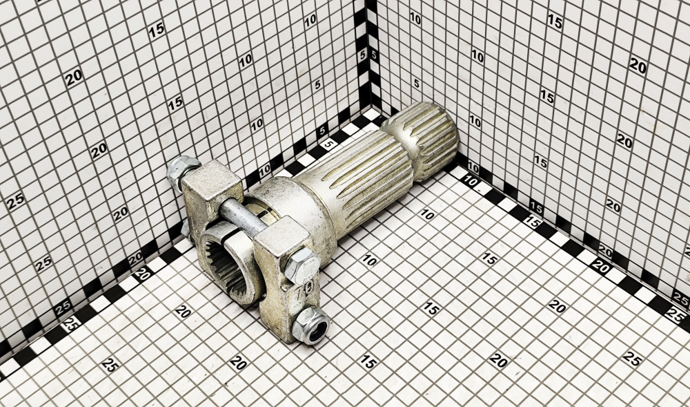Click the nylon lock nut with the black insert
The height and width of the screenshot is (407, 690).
coord(311,325)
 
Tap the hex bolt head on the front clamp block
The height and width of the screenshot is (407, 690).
coord(302,265)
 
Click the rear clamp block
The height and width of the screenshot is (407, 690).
coord(210,193)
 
